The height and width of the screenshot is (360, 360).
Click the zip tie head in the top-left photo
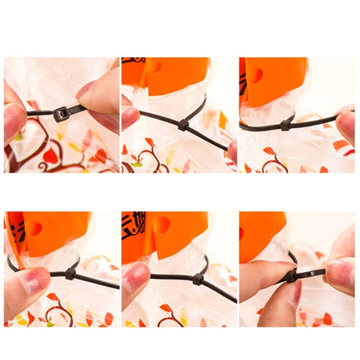coord(62,114)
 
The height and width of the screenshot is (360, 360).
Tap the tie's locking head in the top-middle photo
coord(183,125)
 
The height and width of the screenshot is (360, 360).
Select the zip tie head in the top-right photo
coord(287,123)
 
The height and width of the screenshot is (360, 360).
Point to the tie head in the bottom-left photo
coord(70,272)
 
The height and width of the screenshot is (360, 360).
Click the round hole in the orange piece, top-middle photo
coord(154,66)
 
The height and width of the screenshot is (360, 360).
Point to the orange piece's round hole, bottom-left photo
coord(34,228)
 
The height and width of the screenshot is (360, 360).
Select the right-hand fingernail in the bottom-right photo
coord(339,270)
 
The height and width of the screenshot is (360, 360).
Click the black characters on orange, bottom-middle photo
coord(134,228)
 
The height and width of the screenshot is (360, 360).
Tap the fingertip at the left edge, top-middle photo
coord(128,115)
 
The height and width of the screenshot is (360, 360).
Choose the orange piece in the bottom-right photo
coord(256,234)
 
